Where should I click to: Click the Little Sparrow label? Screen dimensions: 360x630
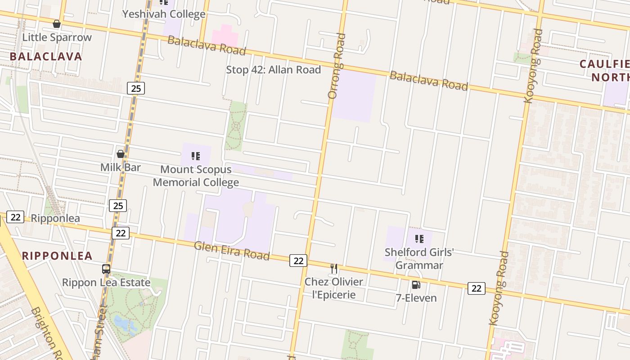pos(57,37)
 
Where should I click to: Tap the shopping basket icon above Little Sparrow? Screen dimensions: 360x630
pos(57,24)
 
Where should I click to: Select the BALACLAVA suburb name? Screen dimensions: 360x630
pos(46,57)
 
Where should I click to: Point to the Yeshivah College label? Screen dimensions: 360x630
pos(164,14)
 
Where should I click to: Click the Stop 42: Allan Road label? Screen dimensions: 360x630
pos(273,70)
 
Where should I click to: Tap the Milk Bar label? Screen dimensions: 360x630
pos(120,167)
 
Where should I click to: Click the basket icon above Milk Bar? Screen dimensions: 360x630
pos(120,154)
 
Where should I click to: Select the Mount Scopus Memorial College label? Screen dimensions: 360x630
pos(196,176)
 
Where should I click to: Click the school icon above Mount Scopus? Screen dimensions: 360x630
pos(196,156)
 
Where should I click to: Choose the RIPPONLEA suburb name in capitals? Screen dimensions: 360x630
pos(57,256)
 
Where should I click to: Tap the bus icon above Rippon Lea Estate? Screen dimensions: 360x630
pos(106,269)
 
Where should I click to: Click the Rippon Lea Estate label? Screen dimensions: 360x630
pos(106,283)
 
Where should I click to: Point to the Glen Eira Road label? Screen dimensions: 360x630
pos(232,250)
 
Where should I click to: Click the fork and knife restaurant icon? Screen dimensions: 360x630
pos(334,268)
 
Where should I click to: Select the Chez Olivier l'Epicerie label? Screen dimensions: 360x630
pos(333,288)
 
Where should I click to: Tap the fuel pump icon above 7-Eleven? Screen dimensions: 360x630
pos(416,284)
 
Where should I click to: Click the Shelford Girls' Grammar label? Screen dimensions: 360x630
pos(419,259)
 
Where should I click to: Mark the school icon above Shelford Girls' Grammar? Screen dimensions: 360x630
pos(419,239)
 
